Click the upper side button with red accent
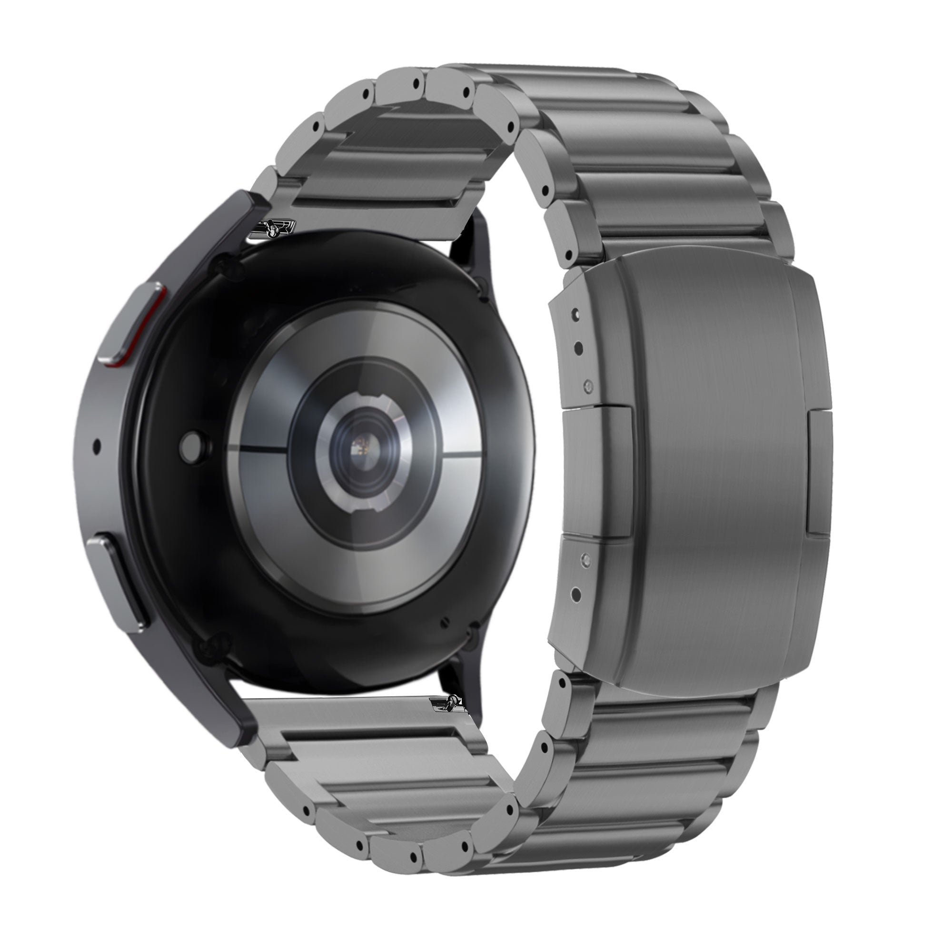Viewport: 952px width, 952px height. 134,325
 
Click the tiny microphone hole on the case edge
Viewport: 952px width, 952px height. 97,446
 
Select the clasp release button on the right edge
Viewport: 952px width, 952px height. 818,473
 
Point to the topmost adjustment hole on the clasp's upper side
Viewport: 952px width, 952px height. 575,312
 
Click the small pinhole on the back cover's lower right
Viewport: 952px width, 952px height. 446,621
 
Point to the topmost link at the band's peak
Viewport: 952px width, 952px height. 537,81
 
